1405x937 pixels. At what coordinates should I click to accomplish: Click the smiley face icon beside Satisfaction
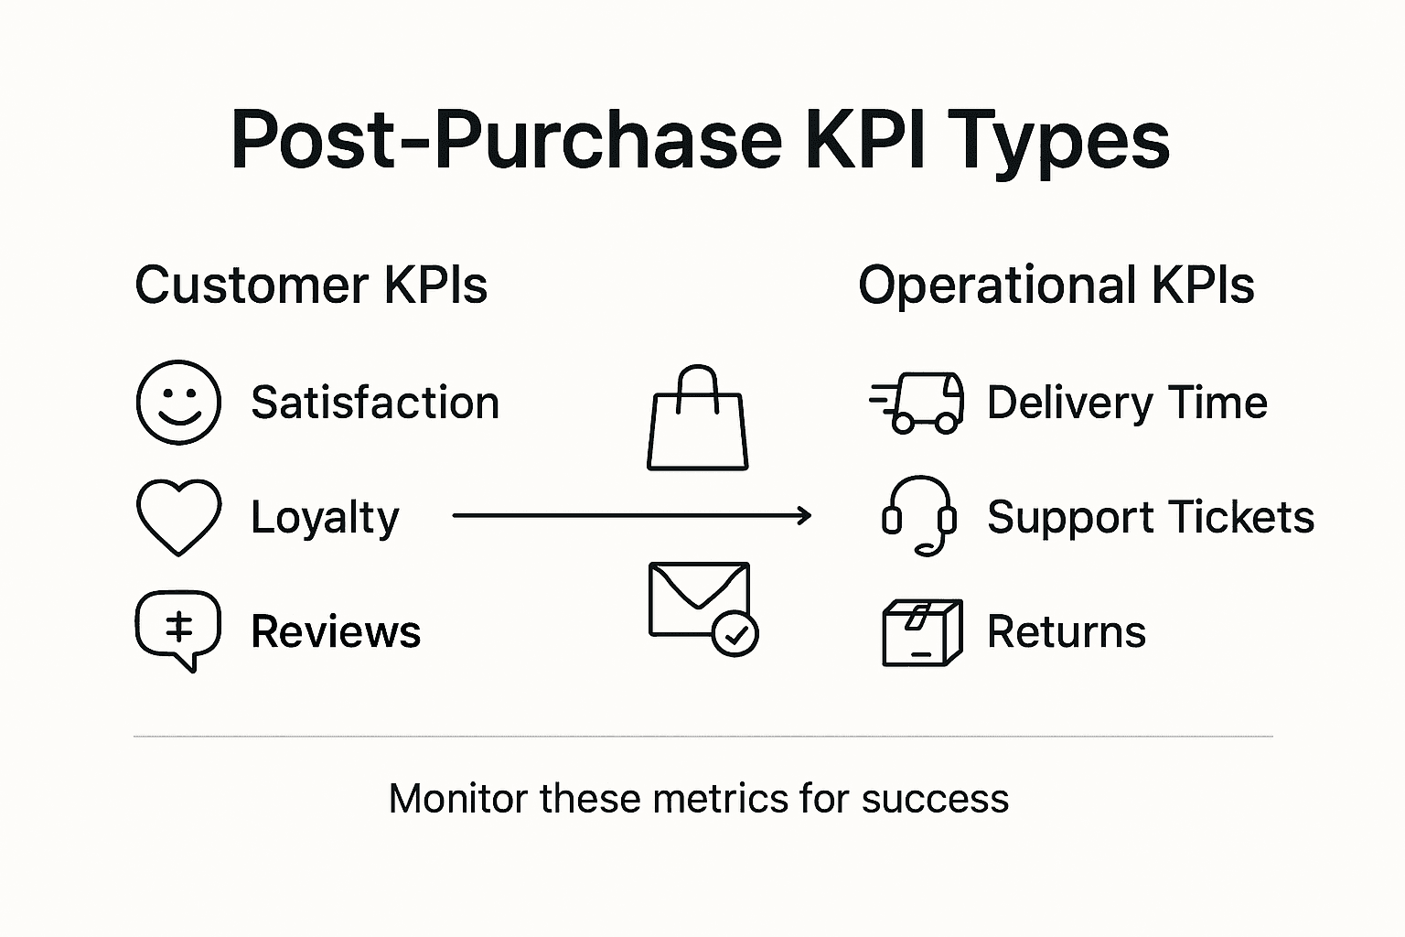click(x=178, y=403)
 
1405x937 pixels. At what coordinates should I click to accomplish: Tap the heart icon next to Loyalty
click(x=178, y=516)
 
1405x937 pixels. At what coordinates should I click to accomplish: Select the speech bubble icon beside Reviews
click(x=178, y=630)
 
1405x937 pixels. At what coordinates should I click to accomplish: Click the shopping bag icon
click(x=698, y=421)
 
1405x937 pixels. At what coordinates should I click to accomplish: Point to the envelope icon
click(x=699, y=599)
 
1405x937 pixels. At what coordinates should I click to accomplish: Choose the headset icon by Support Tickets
click(x=919, y=516)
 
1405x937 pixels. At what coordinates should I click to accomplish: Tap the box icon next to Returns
click(x=922, y=631)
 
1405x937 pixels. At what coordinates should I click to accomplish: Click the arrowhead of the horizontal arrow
click(x=805, y=516)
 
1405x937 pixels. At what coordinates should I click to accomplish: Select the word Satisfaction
click(x=375, y=403)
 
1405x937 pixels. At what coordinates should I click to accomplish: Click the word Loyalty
click(x=325, y=518)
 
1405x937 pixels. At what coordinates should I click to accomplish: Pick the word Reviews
click(x=336, y=631)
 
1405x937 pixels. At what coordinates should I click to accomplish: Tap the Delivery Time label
click(x=1127, y=403)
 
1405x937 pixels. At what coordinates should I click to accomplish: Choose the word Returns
click(x=1066, y=631)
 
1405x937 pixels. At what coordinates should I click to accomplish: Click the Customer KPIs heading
click(x=311, y=285)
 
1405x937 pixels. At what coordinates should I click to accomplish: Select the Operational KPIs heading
click(x=1056, y=285)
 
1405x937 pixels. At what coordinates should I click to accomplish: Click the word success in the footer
click(x=935, y=799)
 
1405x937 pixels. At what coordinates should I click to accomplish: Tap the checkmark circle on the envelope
click(x=735, y=634)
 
